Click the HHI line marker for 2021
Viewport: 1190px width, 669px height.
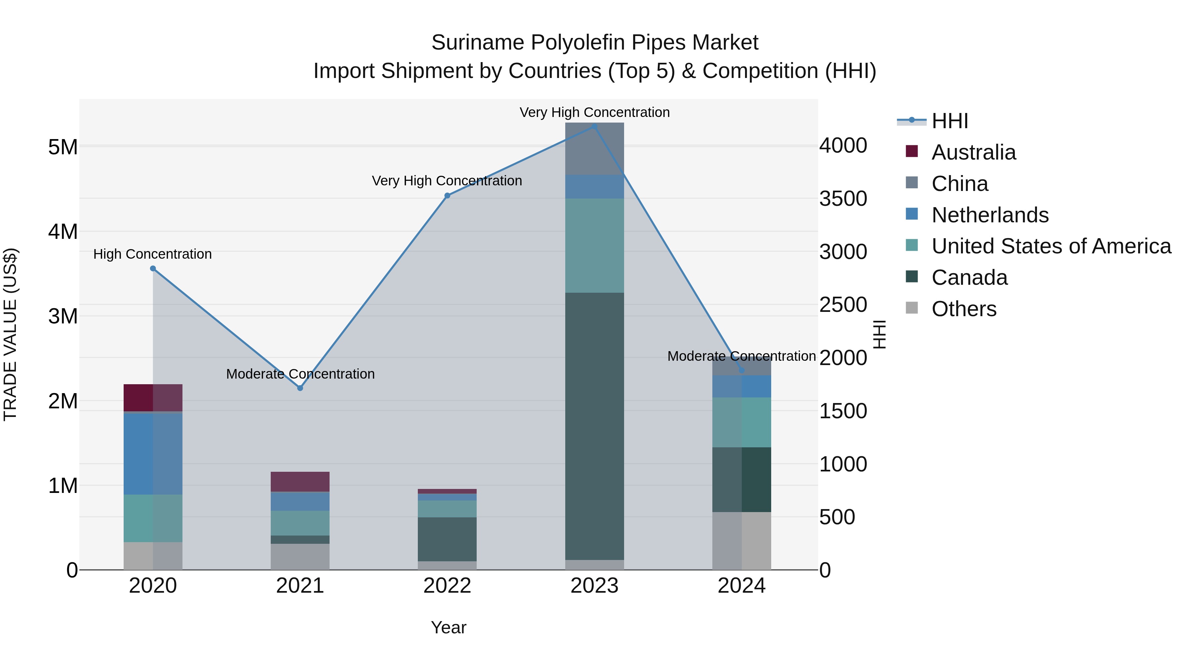click(300, 388)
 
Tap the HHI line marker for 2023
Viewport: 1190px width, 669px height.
click(595, 126)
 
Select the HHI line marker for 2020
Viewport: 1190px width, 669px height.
click(153, 268)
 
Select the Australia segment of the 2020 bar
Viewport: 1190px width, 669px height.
click(153, 397)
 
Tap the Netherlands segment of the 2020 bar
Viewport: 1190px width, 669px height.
click(153, 453)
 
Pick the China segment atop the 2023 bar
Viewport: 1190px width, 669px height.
click(595, 149)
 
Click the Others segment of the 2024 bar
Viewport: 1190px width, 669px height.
click(741, 540)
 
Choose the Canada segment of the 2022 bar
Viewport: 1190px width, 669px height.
click(447, 539)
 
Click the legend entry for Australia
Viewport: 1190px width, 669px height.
click(973, 152)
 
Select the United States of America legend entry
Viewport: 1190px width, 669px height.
click(1051, 246)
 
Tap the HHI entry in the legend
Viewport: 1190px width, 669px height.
click(949, 121)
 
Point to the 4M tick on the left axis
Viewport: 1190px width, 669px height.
click(63, 231)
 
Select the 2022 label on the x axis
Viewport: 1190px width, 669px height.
click(447, 585)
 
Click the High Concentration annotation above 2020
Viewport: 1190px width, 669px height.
click(152, 254)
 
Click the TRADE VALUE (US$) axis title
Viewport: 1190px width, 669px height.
click(10, 334)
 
